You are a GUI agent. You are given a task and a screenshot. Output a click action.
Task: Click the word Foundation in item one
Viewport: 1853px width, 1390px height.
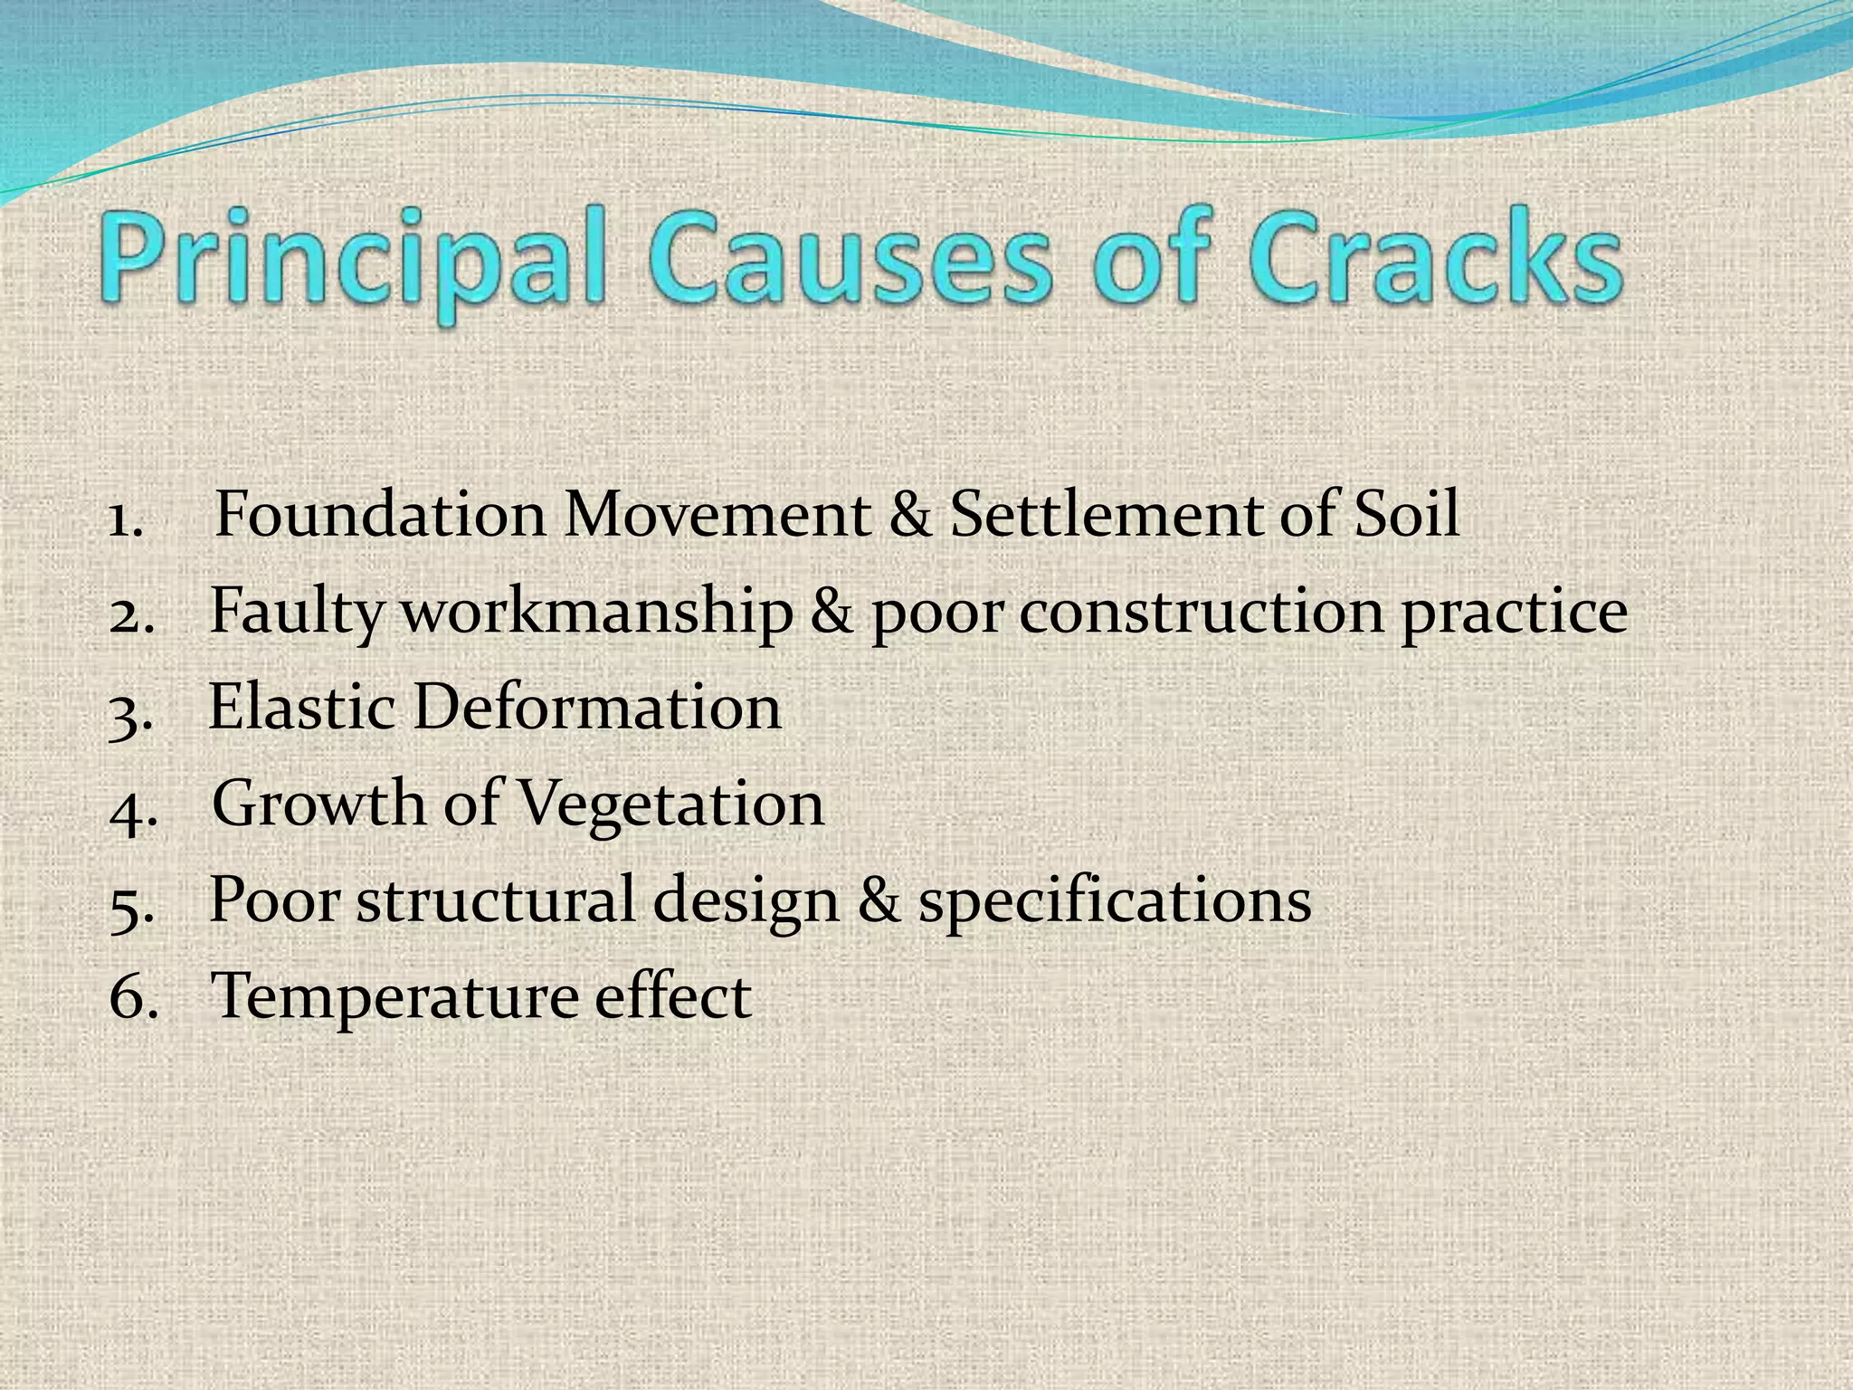click(x=380, y=514)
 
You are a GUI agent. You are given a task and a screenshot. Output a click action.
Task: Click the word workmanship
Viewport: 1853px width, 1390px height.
click(x=596, y=612)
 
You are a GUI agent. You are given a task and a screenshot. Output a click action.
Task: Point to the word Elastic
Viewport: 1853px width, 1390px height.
click(x=302, y=707)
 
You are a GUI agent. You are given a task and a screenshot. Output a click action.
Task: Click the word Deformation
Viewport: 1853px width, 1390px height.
click(x=597, y=707)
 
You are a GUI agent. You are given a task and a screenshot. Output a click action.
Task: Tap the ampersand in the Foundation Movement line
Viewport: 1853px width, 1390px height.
click(x=910, y=514)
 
